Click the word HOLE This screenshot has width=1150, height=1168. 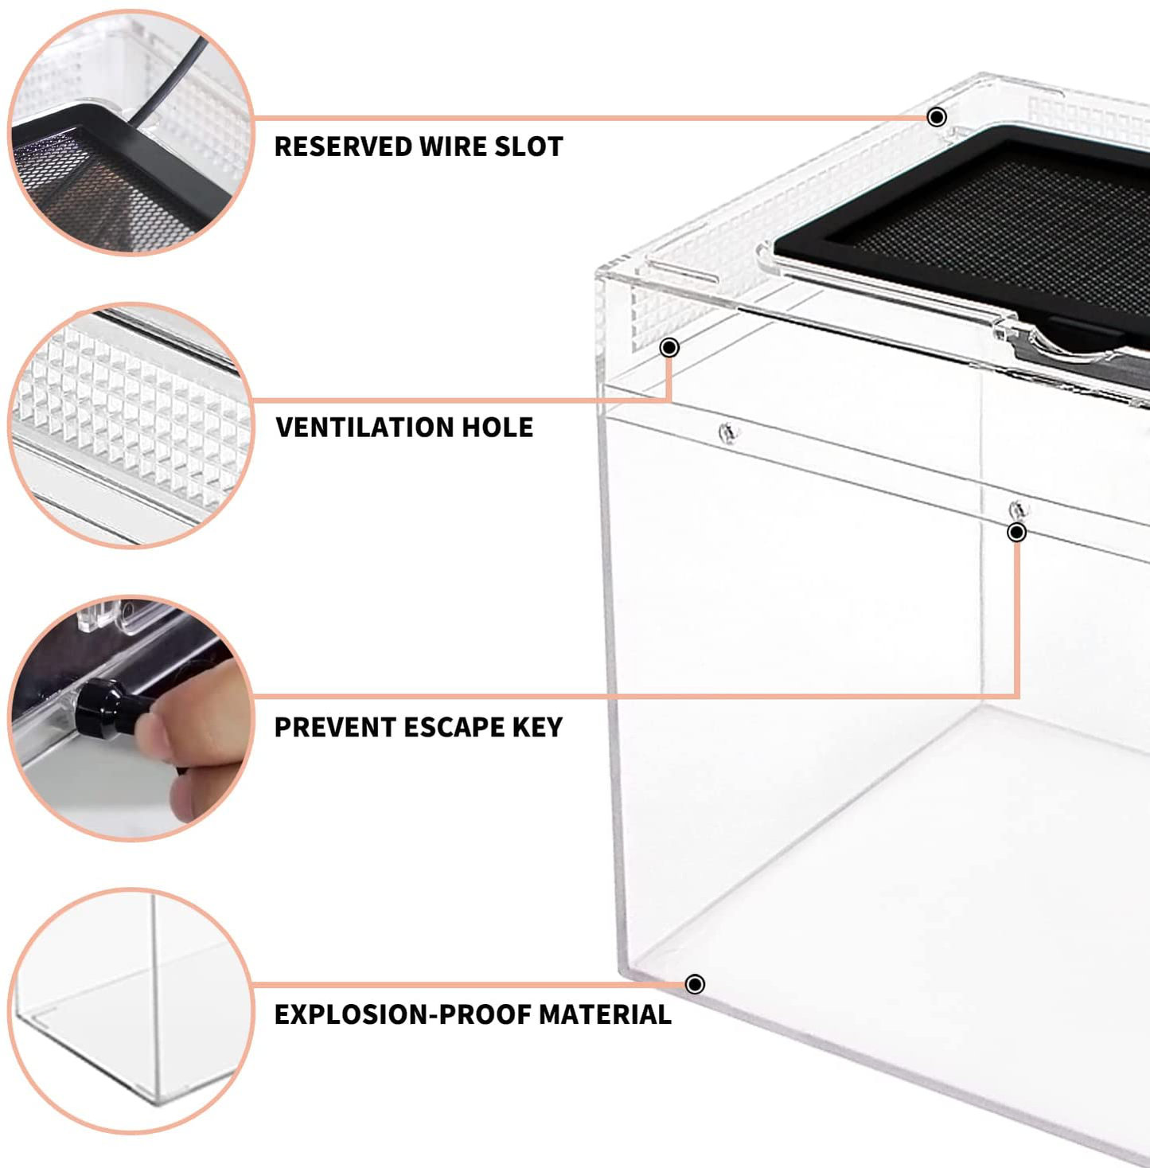497,428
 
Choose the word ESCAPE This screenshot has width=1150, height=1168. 453,728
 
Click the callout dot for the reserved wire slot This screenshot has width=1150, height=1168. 937,116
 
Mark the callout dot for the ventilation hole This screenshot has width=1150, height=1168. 669,347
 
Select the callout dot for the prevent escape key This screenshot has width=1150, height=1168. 1016,532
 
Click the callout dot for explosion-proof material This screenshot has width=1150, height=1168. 695,984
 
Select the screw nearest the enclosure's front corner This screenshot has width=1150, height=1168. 728,433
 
